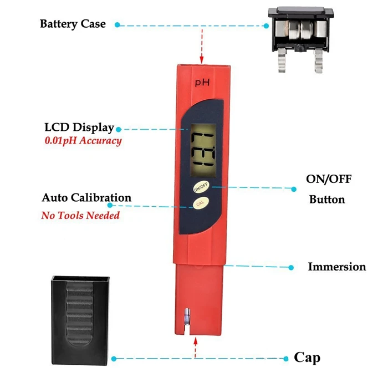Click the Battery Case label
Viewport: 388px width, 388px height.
pos(73,24)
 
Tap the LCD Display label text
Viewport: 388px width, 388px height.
pos(79,127)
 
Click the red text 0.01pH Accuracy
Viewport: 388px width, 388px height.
pos(83,141)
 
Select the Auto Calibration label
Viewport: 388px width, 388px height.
pos(86,198)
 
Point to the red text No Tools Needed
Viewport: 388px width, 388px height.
pos(80,215)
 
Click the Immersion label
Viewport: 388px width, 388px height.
pos(337,267)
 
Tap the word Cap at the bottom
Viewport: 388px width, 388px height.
pos(307,358)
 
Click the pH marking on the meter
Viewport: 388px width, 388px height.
pos(201,83)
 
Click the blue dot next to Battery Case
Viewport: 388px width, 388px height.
pos(118,25)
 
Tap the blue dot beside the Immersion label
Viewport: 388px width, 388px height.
pos(292,267)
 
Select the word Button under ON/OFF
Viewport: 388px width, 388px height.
pos(327,200)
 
